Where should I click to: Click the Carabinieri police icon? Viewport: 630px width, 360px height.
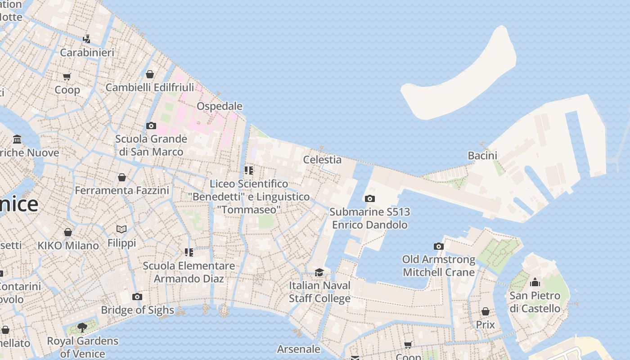tap(86, 39)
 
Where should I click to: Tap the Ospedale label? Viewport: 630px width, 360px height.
tap(220, 106)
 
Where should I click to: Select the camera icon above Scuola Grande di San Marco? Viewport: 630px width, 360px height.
tap(151, 126)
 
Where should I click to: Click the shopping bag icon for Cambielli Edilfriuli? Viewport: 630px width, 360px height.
tap(150, 74)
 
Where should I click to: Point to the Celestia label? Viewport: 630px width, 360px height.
tap(322, 159)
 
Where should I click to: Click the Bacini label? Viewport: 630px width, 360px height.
tap(482, 156)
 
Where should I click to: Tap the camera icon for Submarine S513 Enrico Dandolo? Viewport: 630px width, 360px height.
tap(369, 198)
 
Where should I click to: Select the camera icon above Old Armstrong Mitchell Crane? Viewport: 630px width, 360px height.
tap(439, 246)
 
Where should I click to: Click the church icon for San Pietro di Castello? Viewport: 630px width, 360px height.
tap(535, 282)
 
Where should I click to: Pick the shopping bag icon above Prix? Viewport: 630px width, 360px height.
tap(485, 311)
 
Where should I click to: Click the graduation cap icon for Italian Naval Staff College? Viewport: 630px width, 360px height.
tap(319, 272)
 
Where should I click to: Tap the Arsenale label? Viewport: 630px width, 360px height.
tap(299, 349)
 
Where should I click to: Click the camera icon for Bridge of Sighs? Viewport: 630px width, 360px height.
tap(137, 297)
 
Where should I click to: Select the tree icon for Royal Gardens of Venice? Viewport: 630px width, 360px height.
tap(82, 327)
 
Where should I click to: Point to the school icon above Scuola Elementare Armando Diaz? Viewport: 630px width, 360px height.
tap(189, 252)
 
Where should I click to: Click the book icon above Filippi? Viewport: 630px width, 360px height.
tap(121, 229)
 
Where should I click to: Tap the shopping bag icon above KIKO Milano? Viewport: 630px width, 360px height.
tap(68, 232)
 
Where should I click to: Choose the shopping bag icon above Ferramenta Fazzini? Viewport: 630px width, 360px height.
tap(122, 177)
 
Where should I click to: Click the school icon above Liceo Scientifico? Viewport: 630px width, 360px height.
tap(249, 170)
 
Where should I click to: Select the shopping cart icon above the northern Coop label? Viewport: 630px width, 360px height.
tap(67, 76)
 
